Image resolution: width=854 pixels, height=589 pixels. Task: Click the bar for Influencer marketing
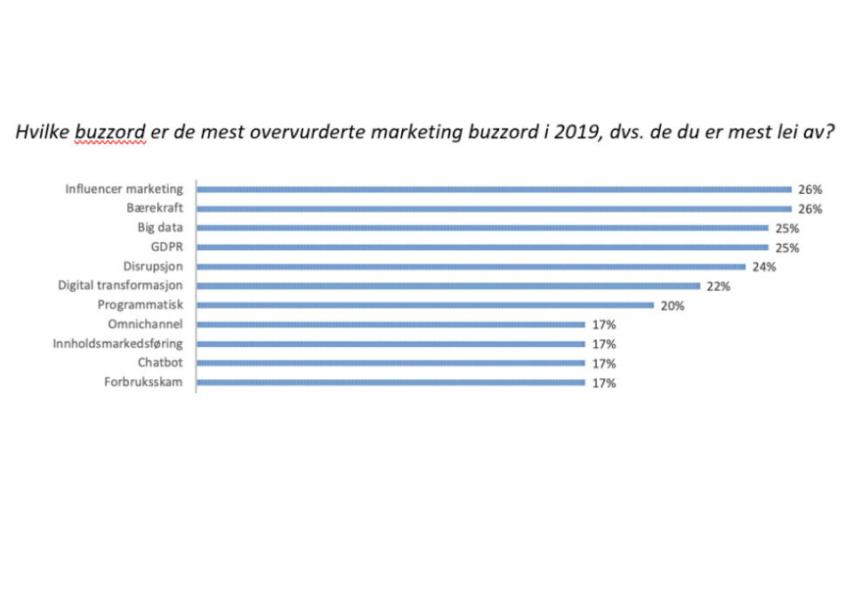[x=494, y=189]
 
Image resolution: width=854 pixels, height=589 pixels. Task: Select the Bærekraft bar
[x=494, y=208]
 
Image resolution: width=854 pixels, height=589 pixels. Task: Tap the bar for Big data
[x=482, y=228]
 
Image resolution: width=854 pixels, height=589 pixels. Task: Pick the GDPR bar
[x=482, y=247]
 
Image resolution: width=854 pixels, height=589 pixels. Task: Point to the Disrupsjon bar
[x=471, y=266]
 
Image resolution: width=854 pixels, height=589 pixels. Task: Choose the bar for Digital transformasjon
[x=448, y=286]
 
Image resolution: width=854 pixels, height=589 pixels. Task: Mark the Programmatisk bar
[x=425, y=305]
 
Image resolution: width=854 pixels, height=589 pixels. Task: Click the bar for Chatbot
[x=391, y=363]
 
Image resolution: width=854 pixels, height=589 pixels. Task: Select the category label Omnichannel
[x=145, y=324]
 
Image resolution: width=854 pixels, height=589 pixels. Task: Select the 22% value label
[x=719, y=286]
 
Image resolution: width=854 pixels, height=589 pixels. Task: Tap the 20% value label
[x=673, y=306]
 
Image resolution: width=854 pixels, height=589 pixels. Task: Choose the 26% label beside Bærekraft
[x=810, y=209]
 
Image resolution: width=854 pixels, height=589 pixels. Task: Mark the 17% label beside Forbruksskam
[x=604, y=383]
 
